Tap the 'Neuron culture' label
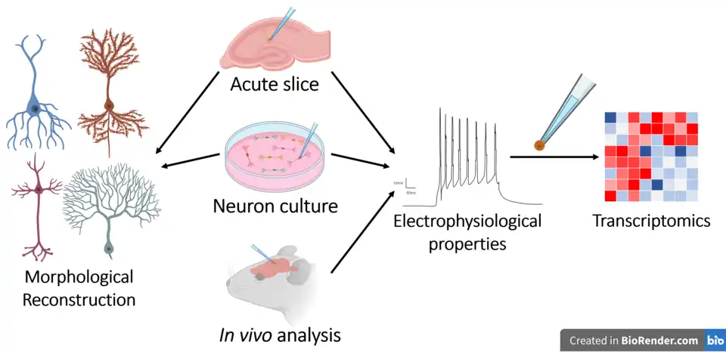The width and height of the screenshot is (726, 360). coord(275,205)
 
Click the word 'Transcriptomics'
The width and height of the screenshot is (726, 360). coord(651,221)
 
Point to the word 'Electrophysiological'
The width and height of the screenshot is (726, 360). coord(467,222)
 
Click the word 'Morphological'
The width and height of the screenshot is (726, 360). coord(79,277)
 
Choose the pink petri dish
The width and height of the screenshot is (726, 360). coord(275,159)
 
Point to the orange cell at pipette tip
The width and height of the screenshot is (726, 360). coord(540,144)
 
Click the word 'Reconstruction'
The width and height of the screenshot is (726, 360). coord(79,299)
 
